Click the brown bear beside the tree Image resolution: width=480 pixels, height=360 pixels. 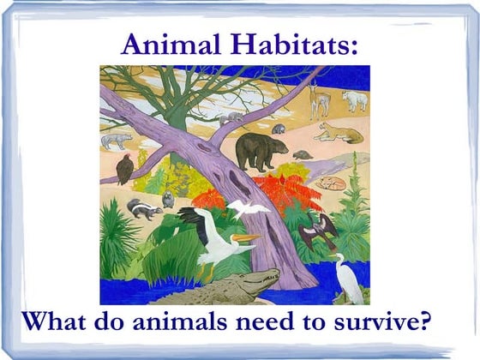pyautogui.click(x=261, y=150)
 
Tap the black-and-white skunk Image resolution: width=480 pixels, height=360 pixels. pyautogui.click(x=141, y=208)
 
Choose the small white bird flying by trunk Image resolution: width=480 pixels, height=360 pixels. pyautogui.click(x=249, y=209)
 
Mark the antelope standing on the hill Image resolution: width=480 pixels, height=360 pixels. pyautogui.click(x=319, y=98)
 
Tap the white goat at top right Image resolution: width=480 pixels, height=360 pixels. pyautogui.click(x=354, y=99)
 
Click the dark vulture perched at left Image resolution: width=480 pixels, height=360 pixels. pyautogui.click(x=125, y=168)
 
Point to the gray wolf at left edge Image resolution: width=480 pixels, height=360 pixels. pyautogui.click(x=116, y=140)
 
